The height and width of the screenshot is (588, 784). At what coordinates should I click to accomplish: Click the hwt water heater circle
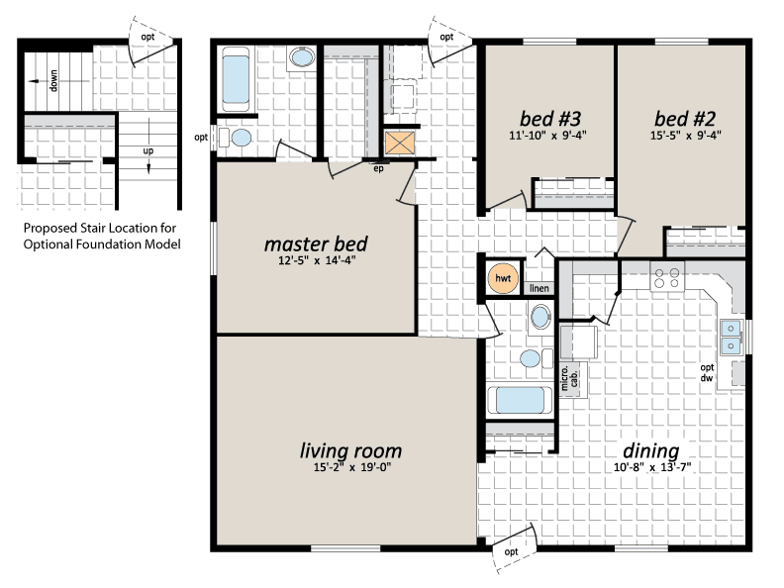[x=503, y=278]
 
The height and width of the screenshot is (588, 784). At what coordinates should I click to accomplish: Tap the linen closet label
[x=539, y=288]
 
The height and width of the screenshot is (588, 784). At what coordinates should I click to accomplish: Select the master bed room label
[x=316, y=244]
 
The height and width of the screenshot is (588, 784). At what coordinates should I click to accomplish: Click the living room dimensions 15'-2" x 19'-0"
[x=352, y=467]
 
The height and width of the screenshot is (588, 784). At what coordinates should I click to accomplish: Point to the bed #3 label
[x=550, y=119]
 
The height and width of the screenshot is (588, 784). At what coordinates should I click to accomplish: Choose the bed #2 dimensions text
[x=685, y=135]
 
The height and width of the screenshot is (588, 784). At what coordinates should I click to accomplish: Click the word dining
[x=651, y=451]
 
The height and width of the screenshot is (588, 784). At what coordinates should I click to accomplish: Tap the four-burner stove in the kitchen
[x=667, y=278]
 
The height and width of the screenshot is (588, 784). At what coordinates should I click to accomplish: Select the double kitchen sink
[x=731, y=337]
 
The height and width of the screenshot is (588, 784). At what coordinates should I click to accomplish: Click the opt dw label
[x=707, y=373]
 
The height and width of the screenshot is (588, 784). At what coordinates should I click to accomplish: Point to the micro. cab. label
[x=569, y=378]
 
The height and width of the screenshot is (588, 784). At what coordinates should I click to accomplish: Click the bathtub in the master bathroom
[x=236, y=79]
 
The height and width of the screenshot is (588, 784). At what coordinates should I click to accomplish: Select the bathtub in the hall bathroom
[x=520, y=400]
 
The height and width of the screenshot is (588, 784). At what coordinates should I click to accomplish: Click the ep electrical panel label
[x=378, y=168]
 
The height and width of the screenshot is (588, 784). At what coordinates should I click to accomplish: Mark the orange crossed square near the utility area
[x=400, y=143]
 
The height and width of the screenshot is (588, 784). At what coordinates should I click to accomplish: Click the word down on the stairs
[x=53, y=80]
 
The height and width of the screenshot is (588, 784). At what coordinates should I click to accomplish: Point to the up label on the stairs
[x=148, y=150]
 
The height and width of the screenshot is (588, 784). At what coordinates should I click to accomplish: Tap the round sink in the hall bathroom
[x=540, y=317]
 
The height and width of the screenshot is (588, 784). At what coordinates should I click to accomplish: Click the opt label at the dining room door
[x=511, y=551]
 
